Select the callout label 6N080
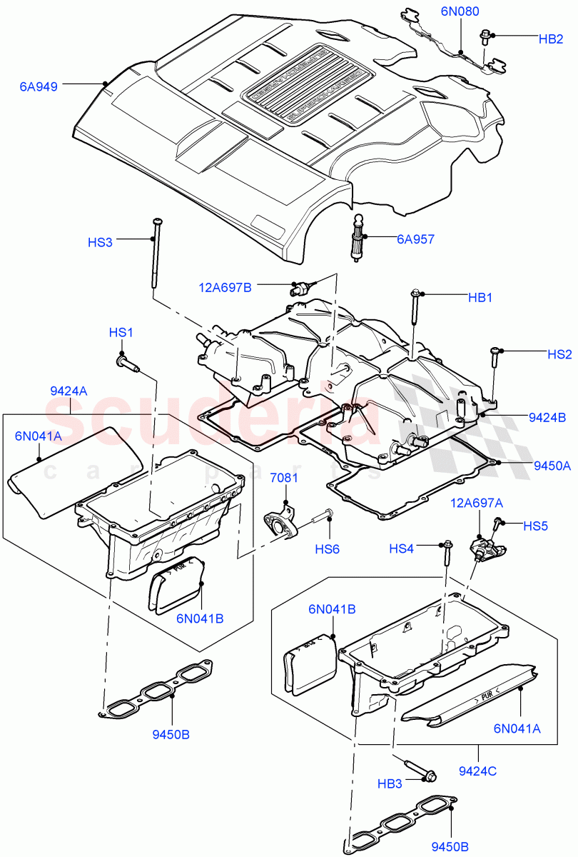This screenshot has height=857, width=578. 460,11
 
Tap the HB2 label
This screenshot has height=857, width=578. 551,39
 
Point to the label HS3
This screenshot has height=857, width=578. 100,242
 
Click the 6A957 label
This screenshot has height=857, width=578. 415,240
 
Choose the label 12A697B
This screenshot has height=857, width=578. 225,287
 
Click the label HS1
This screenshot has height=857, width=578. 121,333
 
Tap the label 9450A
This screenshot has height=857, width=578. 552,466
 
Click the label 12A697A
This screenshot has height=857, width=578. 475,503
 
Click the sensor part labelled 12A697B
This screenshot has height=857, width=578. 299,289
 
